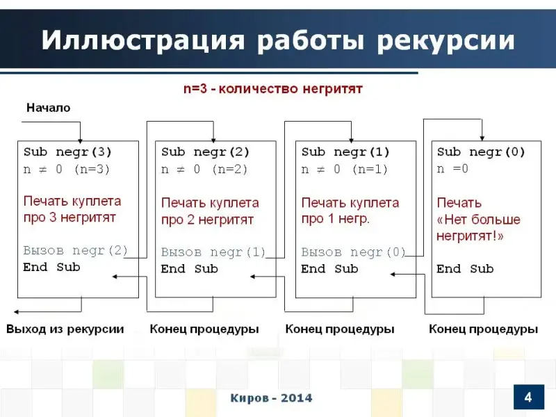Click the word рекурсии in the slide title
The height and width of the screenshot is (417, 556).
(445, 40)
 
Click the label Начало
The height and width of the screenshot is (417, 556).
(49, 108)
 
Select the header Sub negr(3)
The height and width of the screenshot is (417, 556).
(67, 152)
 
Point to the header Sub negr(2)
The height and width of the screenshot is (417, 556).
(205, 152)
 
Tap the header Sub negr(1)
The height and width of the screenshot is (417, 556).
(345, 152)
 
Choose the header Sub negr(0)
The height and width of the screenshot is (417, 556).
(481, 152)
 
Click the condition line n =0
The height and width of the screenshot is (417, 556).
(452, 169)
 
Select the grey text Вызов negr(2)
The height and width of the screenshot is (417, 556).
(76, 251)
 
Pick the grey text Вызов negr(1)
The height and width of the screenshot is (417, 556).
(213, 252)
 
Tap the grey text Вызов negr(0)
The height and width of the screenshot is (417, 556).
(353, 252)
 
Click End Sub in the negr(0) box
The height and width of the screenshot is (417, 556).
(465, 269)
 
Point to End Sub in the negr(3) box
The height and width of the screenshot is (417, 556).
(51, 267)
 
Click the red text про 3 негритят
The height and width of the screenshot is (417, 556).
(70, 218)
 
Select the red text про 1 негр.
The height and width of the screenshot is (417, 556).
(336, 219)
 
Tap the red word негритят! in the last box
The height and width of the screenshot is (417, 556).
(470, 236)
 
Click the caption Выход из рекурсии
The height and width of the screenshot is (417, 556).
(65, 329)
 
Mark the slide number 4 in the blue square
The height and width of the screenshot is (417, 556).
(528, 397)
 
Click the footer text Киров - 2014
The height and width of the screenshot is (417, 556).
(271, 398)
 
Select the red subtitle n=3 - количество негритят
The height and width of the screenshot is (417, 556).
(273, 89)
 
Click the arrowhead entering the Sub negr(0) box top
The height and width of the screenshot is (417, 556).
(482, 138)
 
